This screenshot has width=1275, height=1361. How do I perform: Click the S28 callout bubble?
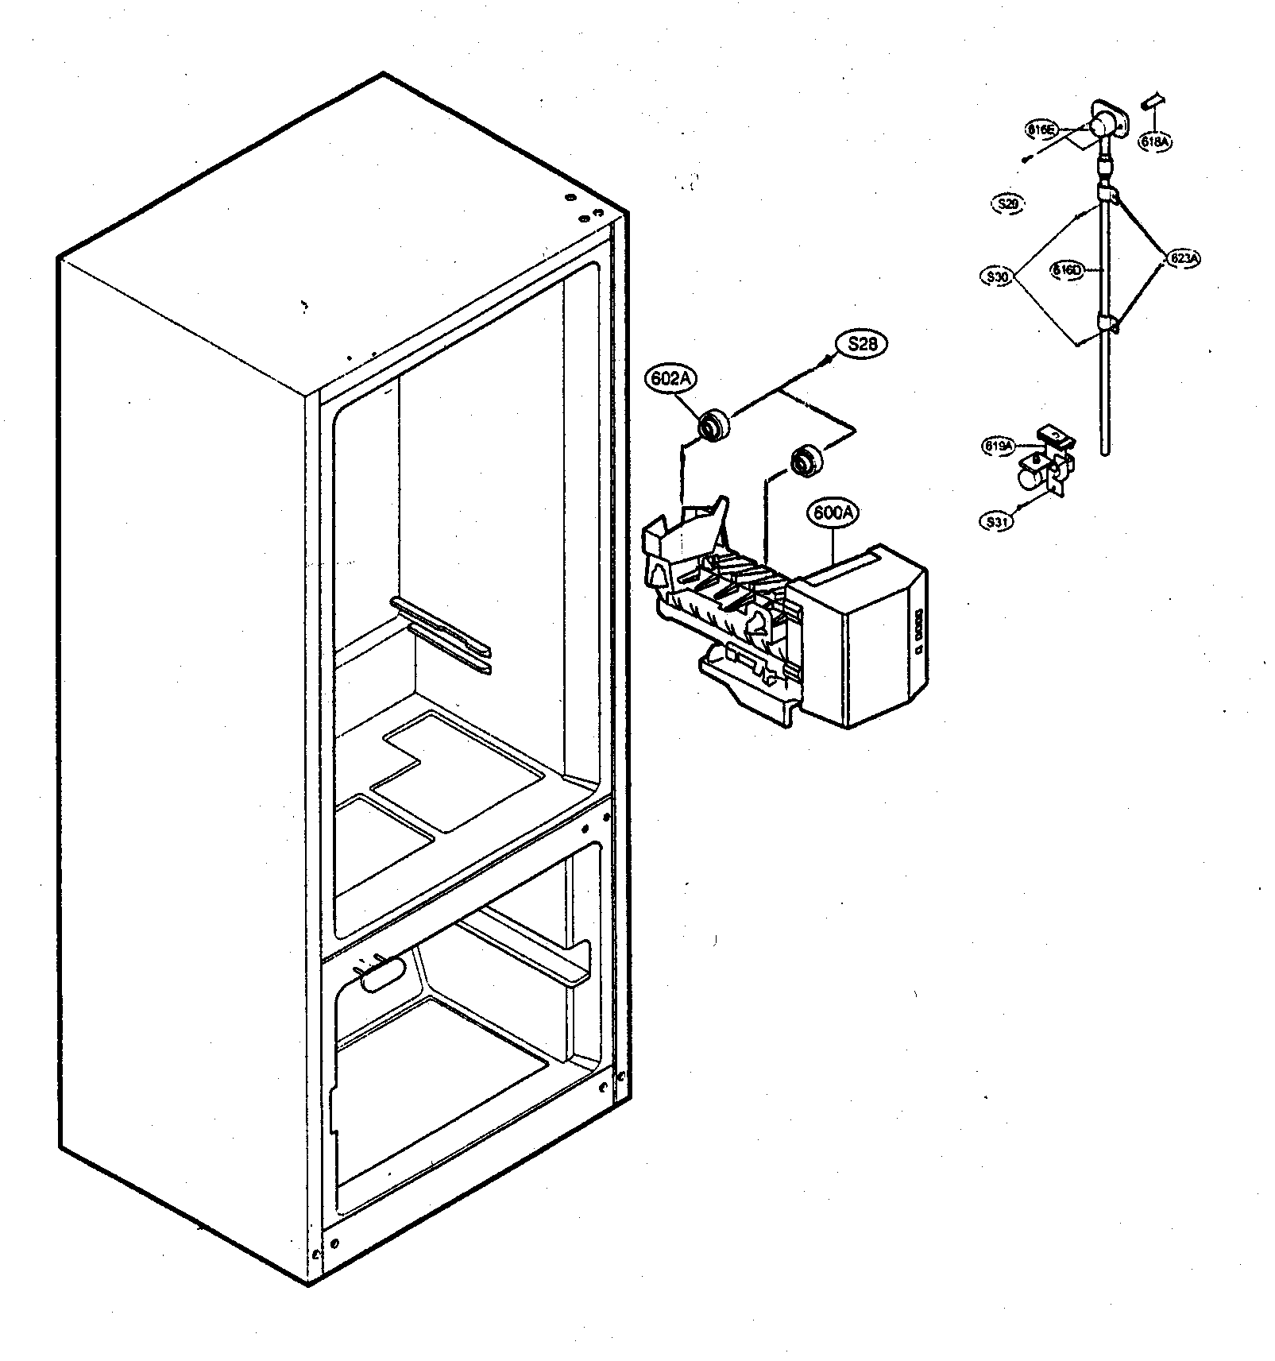click(x=860, y=345)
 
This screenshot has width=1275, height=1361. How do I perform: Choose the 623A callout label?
click(x=1184, y=257)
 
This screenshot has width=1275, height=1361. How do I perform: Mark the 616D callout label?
click(x=1067, y=270)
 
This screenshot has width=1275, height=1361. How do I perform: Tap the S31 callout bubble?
click(x=997, y=521)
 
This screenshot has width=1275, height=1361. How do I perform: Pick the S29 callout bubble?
click(x=1008, y=203)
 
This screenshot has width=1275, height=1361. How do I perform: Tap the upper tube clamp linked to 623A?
click(x=1106, y=192)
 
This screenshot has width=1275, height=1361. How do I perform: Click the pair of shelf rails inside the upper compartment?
click(x=442, y=635)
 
